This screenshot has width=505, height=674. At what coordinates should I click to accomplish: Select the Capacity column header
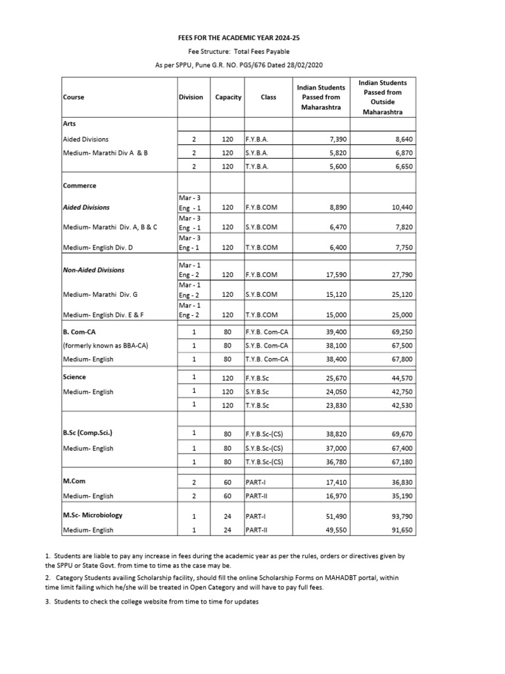(x=228, y=97)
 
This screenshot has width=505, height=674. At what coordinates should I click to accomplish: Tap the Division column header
(x=191, y=97)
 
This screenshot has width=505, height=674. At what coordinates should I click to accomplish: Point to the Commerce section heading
(x=80, y=186)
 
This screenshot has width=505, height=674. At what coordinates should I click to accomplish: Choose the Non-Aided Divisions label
(x=94, y=270)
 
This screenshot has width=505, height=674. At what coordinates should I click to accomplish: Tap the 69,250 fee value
(x=401, y=331)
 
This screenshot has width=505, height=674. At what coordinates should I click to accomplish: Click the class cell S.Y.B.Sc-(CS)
(x=264, y=448)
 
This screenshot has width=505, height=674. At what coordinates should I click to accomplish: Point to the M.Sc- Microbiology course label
(x=93, y=515)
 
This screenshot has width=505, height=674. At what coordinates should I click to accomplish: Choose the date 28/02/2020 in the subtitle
(x=302, y=65)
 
